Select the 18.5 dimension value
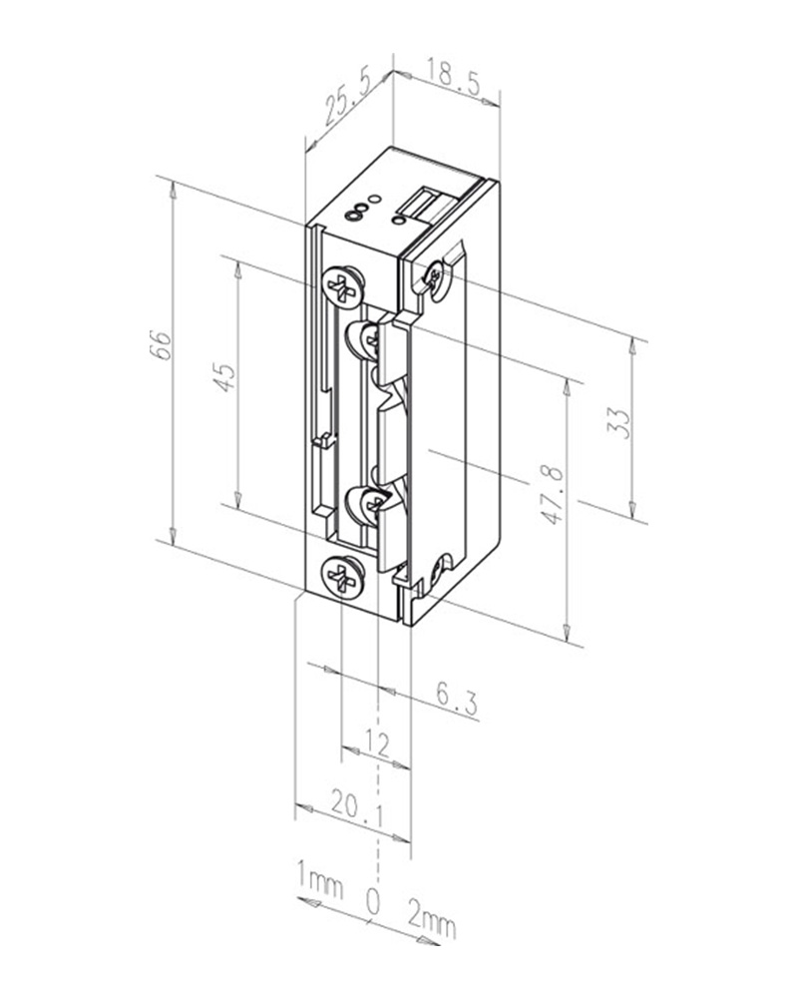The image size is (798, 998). [x=453, y=78]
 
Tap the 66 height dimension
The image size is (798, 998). [x=162, y=345]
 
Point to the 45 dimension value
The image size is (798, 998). [x=224, y=376]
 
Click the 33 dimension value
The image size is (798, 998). [x=617, y=422]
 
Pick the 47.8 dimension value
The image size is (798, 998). [x=553, y=495]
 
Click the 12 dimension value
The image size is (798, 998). [x=377, y=743]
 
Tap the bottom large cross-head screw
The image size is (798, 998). [x=343, y=576]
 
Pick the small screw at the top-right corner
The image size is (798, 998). [x=435, y=278]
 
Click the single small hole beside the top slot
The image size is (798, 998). [x=399, y=221]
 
